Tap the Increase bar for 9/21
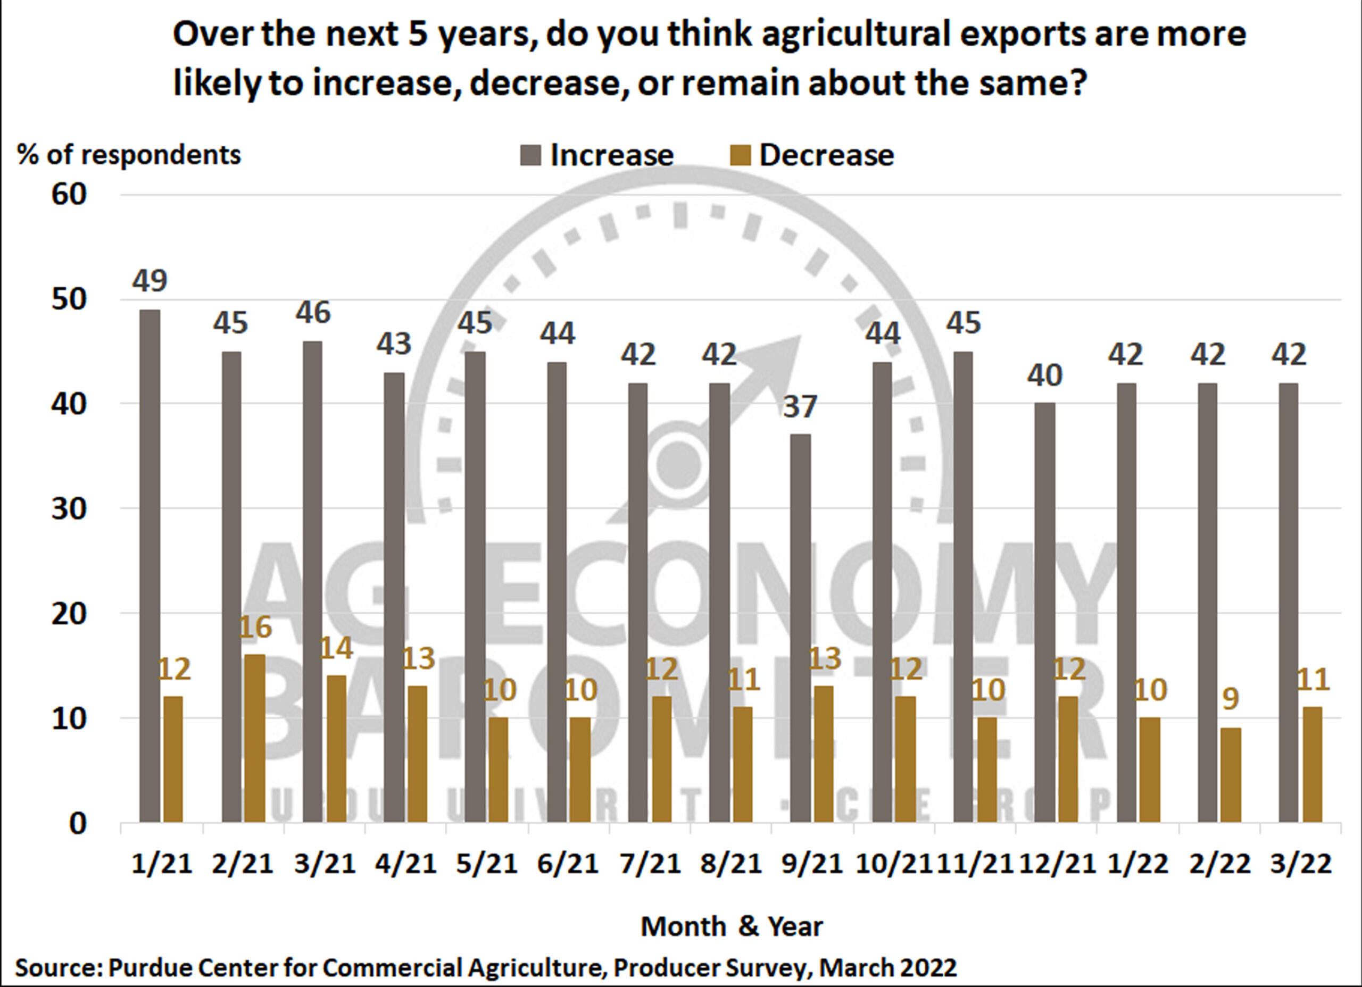pos(801,628)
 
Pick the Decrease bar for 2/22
pos(1231,775)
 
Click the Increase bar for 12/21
pos(1045,613)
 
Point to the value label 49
pos(150,280)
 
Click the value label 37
pos(801,406)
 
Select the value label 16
pos(255,628)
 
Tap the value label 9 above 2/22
pos(1231,699)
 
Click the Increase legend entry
pos(597,155)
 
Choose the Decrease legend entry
pos(811,155)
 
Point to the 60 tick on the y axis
pos(69,195)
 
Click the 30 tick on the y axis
pos(69,508)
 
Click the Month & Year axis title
pos(731,926)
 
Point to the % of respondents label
pos(129,155)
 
